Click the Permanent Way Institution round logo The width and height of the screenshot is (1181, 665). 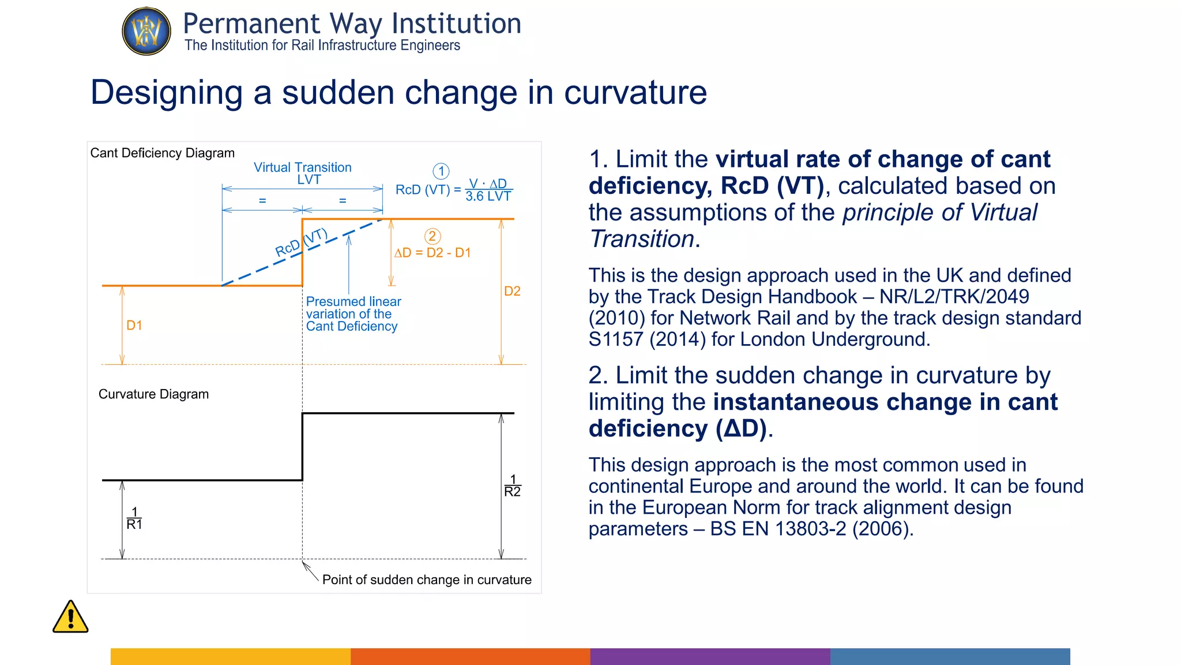(x=146, y=31)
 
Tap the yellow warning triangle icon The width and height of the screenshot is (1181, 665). (x=70, y=618)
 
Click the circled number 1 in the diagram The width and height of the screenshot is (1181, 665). (x=441, y=171)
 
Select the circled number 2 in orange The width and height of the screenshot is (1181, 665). (x=432, y=236)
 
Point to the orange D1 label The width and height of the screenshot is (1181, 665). (x=134, y=326)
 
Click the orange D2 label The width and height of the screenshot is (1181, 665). (x=512, y=291)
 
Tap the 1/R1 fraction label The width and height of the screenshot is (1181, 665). (x=134, y=518)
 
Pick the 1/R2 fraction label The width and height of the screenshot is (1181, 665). (x=512, y=485)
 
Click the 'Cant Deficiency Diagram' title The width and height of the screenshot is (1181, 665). (x=163, y=153)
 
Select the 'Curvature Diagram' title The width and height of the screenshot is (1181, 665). (x=153, y=394)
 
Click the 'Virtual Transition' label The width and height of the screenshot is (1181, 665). (x=303, y=167)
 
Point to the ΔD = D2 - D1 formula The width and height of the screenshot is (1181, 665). (x=432, y=253)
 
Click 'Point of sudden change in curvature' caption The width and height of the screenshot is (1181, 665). (x=427, y=580)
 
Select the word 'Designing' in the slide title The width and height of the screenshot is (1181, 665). (x=167, y=92)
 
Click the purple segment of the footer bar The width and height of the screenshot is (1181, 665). (x=710, y=656)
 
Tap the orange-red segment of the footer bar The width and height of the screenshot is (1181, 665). (x=470, y=656)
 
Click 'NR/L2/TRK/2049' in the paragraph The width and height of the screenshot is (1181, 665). (x=954, y=297)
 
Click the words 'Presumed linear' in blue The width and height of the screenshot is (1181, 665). (x=353, y=301)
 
